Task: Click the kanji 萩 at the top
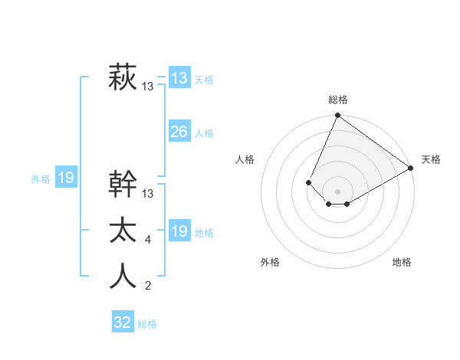(123, 78)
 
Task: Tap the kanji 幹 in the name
(123, 185)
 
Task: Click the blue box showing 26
(179, 132)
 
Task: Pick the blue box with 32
(123, 322)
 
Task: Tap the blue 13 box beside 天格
(179, 78)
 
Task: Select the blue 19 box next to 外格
(66, 178)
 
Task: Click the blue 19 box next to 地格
(179, 231)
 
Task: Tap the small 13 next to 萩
(148, 87)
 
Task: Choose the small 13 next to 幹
(148, 194)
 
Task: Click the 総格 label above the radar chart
(338, 100)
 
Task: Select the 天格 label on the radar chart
(431, 159)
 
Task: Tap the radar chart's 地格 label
(402, 262)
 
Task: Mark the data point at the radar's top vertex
(337, 116)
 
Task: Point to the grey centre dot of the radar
(337, 191)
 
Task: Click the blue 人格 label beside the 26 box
(204, 133)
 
